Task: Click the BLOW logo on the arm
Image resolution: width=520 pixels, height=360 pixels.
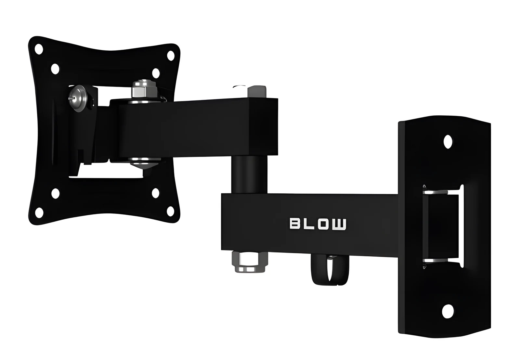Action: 318,224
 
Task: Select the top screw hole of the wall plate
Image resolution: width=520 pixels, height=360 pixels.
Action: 448,142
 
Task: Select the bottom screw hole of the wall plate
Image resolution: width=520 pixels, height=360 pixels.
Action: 448,311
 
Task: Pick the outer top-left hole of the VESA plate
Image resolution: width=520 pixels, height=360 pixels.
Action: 39,49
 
